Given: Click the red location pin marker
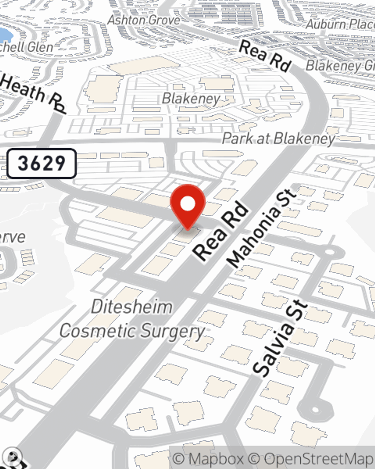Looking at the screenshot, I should (188, 206).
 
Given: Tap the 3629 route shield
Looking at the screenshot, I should (42, 163).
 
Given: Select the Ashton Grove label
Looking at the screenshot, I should (144, 20).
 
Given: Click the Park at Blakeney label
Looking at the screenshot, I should (278, 138).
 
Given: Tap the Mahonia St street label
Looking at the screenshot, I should (262, 228).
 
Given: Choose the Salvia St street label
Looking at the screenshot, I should (280, 338).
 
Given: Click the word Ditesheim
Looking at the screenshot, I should (132, 307).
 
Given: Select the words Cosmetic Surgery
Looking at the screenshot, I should (132, 331).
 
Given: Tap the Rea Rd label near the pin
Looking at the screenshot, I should (221, 231).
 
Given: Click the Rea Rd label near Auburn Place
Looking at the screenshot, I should (265, 56).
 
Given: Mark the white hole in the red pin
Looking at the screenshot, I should (188, 204).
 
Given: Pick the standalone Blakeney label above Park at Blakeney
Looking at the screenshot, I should (191, 99).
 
